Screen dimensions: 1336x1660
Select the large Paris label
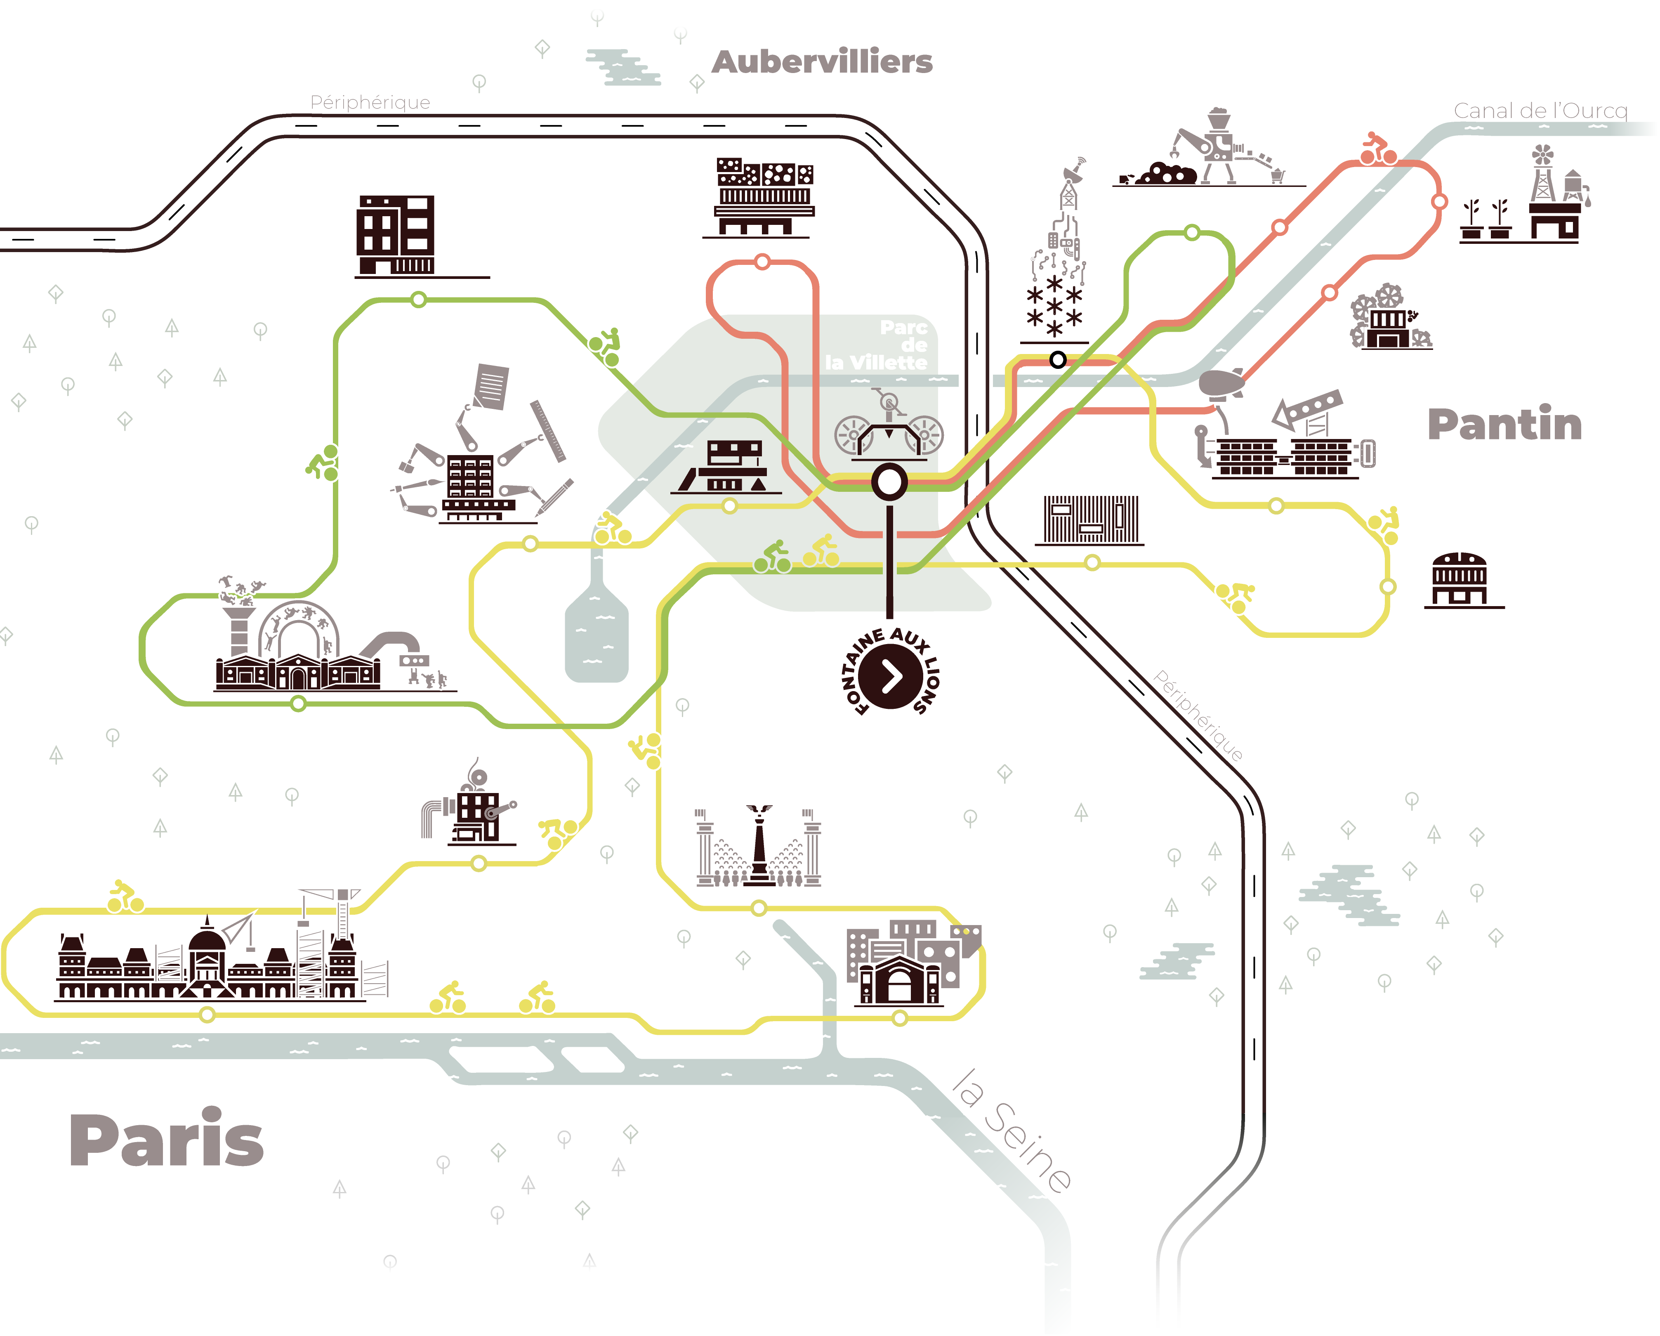click(166, 1140)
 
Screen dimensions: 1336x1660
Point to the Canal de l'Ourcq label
click(1540, 111)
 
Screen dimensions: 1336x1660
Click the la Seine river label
click(1011, 1130)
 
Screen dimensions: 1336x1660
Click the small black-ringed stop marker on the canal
click(1058, 360)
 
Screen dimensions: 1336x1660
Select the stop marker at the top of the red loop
click(762, 262)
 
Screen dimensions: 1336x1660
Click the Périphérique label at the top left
click(370, 102)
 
